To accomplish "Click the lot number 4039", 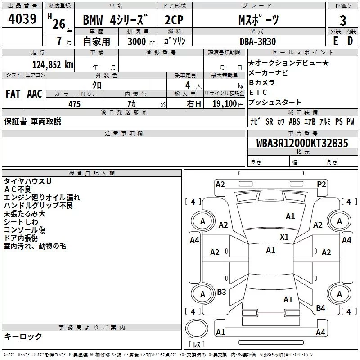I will click(22, 19).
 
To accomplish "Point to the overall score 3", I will click(343, 20).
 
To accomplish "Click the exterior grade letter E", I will click(335, 40).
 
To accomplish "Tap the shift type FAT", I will click(13, 94).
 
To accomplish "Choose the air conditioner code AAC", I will click(35, 94).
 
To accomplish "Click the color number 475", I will click(74, 104).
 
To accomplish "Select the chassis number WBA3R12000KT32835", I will click(302, 143).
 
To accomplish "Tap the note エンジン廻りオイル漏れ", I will click(42, 197).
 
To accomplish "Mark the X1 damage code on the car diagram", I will click(284, 237).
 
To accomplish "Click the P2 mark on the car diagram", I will click(321, 184).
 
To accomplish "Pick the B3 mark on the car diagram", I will click(221, 292).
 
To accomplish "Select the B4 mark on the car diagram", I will click(320, 308).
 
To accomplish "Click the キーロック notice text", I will click(23, 336).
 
